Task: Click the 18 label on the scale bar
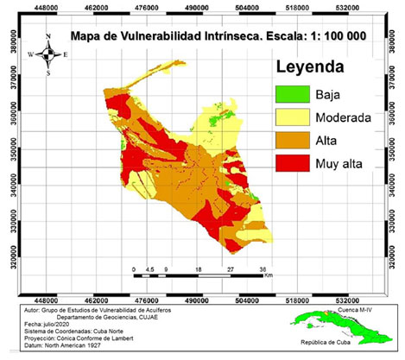tap(199, 270)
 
